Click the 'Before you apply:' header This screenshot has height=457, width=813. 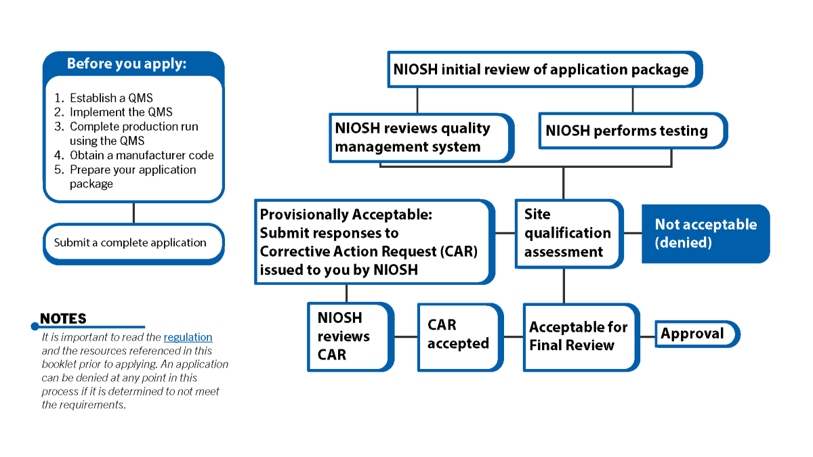(126, 64)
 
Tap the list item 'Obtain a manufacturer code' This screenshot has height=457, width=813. (142, 155)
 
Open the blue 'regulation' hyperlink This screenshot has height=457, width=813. (188, 337)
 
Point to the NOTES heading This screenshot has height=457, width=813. (63, 319)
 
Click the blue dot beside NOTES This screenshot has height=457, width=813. (35, 326)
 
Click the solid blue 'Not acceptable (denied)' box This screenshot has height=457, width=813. (705, 234)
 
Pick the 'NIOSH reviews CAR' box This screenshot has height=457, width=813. (348, 336)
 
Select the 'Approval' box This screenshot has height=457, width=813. (694, 334)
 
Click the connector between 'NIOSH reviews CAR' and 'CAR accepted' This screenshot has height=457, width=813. (406, 336)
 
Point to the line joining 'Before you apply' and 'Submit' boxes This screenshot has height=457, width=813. (133, 213)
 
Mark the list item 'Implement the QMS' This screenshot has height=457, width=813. (121, 112)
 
